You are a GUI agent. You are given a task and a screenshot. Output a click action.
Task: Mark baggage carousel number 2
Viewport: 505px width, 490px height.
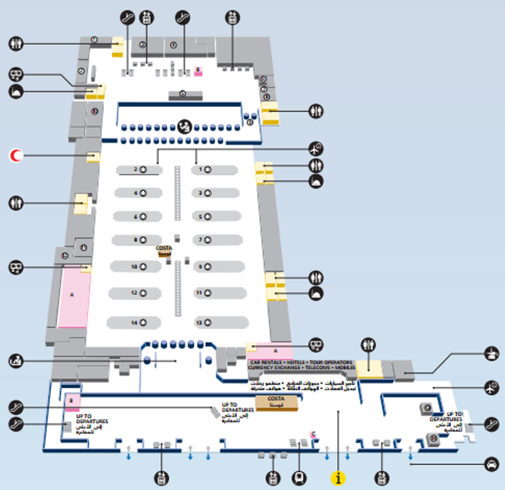136,169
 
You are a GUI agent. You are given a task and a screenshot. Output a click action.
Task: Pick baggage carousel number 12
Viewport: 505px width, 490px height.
136,293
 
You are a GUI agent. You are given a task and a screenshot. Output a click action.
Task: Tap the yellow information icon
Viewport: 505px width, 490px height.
338,477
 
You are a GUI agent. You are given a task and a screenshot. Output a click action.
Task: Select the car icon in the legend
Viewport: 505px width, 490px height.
491,464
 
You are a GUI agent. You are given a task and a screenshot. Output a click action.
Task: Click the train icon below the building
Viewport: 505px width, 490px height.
299,476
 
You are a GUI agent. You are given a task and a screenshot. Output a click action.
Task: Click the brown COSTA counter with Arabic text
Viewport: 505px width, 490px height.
276,403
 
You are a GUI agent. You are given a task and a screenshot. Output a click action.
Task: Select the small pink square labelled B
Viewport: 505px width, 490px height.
71,401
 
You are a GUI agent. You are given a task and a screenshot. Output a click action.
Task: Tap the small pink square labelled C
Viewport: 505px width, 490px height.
313,435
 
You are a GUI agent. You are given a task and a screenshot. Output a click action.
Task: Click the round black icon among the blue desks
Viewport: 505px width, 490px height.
182,127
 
